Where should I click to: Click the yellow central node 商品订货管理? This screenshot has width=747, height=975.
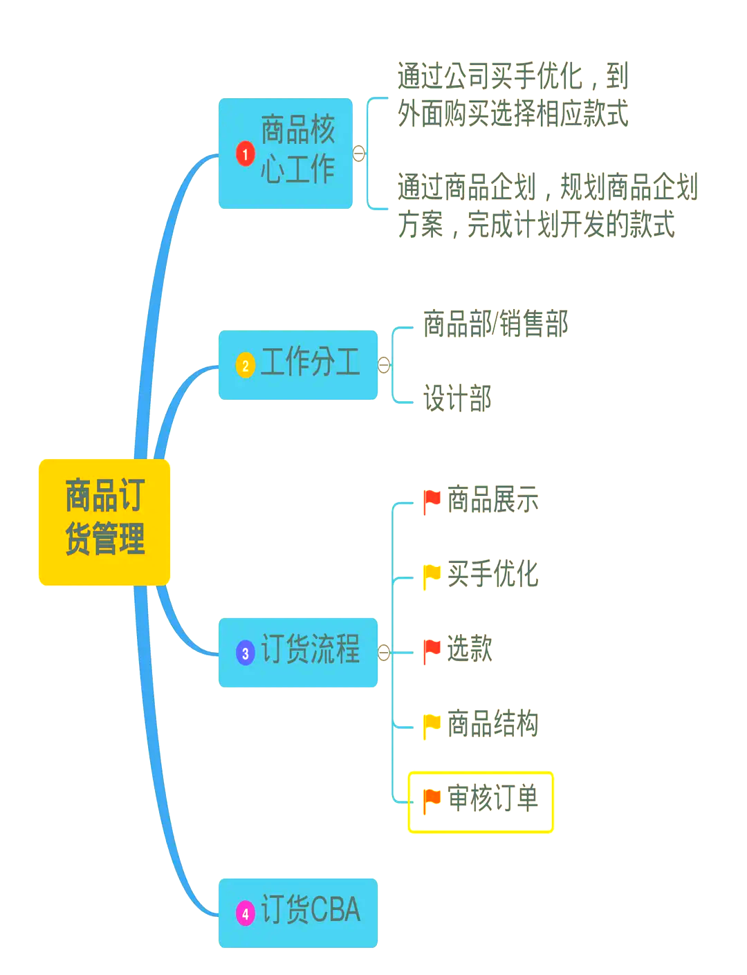[104, 522]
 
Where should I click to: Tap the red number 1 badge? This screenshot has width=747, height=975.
[245, 154]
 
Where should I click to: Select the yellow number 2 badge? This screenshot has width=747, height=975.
[245, 365]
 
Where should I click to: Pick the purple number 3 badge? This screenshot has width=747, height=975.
[245, 653]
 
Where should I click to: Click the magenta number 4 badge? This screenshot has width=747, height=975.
[245, 913]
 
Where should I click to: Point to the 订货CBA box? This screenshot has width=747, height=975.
[298, 913]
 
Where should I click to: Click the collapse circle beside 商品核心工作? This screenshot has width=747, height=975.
[359, 154]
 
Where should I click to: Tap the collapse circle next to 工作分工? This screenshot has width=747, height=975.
[385, 365]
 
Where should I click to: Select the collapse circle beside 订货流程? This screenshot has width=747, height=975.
[385, 652]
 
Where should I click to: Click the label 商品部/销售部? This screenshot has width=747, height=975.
[495, 324]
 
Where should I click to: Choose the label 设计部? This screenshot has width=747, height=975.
[457, 399]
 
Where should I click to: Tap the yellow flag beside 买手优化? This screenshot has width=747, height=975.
[432, 575]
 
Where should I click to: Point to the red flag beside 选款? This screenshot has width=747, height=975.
[432, 650]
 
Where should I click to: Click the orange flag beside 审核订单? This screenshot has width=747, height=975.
[432, 800]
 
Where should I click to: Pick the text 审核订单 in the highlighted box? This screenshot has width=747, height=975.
[492, 799]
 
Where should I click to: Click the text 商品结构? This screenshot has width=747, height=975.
[492, 724]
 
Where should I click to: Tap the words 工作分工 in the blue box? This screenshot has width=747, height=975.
[310, 362]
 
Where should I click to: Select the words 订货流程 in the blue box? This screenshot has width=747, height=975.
[310, 650]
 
